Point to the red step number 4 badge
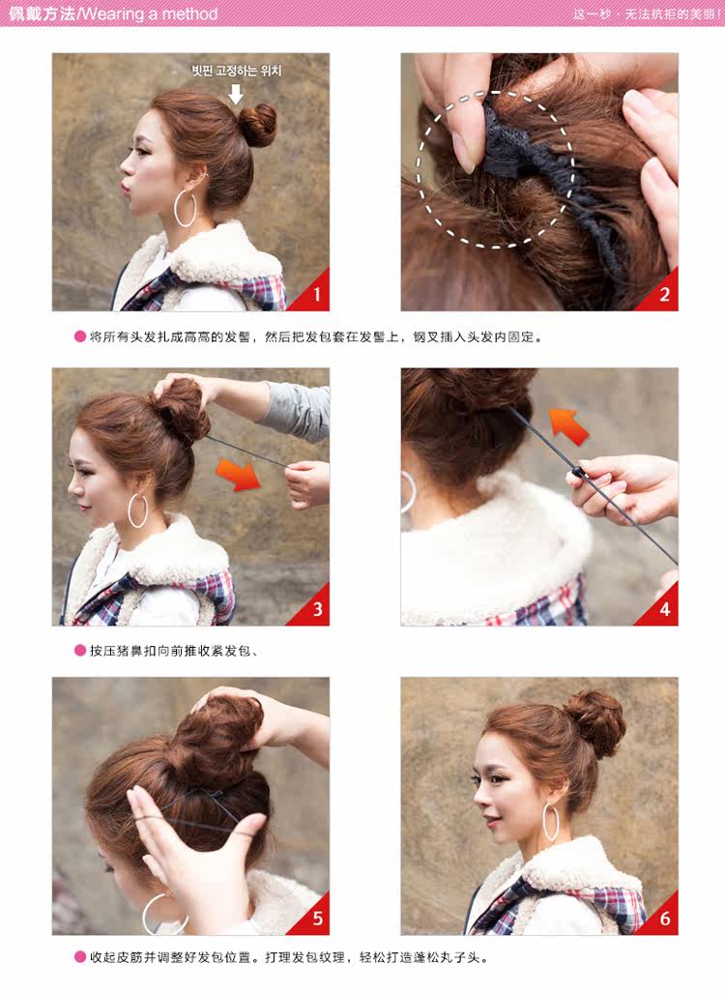(662, 609)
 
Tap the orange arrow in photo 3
(242, 474)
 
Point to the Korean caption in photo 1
(236, 71)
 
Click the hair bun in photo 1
(257, 125)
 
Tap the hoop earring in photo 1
(185, 209)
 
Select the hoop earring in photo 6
(551, 822)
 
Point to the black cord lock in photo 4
(577, 473)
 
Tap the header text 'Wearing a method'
(150, 14)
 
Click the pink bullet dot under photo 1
(80, 337)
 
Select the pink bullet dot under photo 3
(80, 650)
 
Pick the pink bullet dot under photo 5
(80, 957)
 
